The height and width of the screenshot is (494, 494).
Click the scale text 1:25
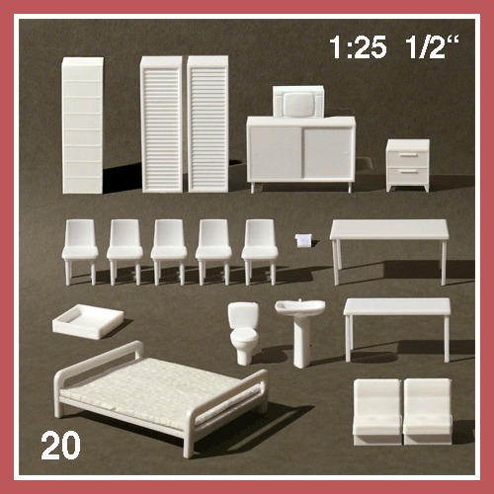point(358,47)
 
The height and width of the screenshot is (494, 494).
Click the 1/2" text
point(432,47)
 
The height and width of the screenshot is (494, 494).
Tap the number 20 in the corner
point(60,445)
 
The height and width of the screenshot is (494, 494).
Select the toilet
point(244,333)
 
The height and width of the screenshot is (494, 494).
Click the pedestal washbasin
point(300,333)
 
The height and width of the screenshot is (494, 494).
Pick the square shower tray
point(88,321)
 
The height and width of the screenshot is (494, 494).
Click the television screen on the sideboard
point(297,104)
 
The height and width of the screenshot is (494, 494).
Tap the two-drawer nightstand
point(408,165)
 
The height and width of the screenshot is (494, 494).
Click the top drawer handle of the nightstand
point(408,154)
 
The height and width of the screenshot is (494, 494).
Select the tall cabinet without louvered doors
point(82,125)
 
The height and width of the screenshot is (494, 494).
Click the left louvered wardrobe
point(161,124)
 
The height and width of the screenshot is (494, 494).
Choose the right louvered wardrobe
point(207,123)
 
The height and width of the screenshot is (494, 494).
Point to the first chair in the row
point(80,251)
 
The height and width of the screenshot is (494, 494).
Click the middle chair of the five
point(169,251)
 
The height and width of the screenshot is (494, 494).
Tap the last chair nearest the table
point(260,251)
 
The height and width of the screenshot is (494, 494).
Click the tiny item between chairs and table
point(304,240)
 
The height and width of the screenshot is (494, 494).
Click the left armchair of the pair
point(377,412)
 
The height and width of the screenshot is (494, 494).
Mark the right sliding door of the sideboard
point(326,153)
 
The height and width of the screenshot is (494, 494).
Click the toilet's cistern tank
point(243,315)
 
